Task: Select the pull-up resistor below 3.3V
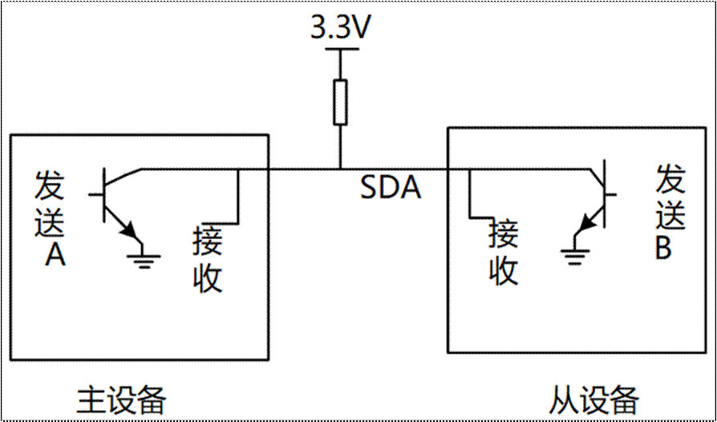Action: point(340,103)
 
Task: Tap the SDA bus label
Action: point(391,189)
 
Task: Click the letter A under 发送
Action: point(55,256)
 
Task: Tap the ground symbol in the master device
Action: point(144,259)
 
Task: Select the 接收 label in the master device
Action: point(208,260)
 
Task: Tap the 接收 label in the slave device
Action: point(504,253)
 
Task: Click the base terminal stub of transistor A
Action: point(95,195)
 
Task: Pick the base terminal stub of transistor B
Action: point(612,194)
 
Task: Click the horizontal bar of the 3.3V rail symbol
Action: point(341,48)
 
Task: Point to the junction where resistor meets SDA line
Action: point(340,169)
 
